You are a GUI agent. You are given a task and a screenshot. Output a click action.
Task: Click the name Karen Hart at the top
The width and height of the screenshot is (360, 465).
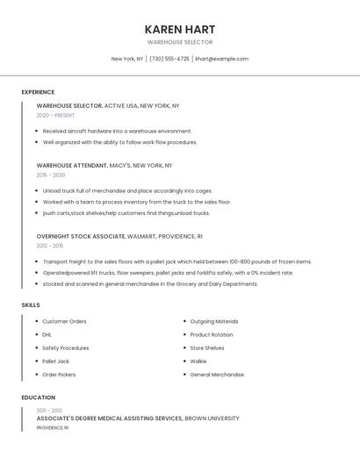coord(180,29)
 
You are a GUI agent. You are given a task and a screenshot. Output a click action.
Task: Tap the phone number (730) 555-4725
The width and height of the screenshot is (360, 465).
coord(169,59)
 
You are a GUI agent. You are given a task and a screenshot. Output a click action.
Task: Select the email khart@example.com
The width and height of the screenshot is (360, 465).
coord(221,59)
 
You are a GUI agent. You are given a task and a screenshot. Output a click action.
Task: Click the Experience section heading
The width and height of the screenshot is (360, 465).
coord(38,92)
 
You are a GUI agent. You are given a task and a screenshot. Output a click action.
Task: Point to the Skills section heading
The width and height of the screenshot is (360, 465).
coord(31,304)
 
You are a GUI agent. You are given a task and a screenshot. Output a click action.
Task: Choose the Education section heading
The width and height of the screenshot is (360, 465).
coord(38,397)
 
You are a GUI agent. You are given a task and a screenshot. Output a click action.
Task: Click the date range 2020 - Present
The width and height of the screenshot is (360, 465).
coord(55,115)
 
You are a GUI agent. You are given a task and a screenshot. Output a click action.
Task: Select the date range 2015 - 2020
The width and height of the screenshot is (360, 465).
coord(51,175)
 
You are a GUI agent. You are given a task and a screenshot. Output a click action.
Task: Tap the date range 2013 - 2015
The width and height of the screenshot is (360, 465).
coord(50,246)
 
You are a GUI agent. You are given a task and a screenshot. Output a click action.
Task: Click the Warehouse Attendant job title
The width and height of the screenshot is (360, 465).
coord(71,165)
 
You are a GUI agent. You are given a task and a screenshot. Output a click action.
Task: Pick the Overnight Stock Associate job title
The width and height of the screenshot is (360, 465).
coord(81,236)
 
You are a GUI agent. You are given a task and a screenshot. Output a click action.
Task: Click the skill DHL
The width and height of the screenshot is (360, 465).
coord(47,334)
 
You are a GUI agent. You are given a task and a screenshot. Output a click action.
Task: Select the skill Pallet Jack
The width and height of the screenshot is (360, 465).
coord(55,361)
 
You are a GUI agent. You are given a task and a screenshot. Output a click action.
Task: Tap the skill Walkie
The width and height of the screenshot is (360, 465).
coord(198,361)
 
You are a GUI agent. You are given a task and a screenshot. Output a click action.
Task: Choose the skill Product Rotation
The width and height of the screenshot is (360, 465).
coord(211,334)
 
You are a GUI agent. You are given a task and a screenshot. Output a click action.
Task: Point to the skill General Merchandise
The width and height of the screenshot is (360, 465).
coord(217,375)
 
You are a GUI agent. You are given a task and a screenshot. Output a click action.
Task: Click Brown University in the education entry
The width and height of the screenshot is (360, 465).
coord(212,418)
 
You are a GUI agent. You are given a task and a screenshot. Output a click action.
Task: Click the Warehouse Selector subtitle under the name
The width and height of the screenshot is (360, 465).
coord(180,42)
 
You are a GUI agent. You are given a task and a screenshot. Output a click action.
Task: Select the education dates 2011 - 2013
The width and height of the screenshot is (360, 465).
coord(49,411)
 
